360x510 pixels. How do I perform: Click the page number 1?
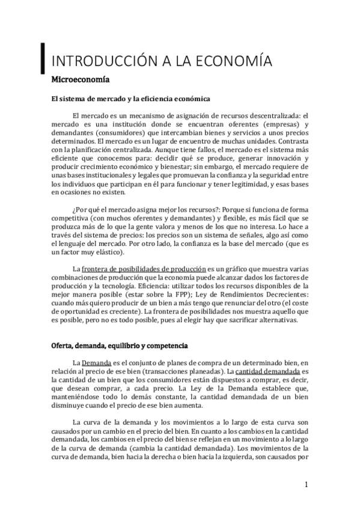click(x=307, y=484)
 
